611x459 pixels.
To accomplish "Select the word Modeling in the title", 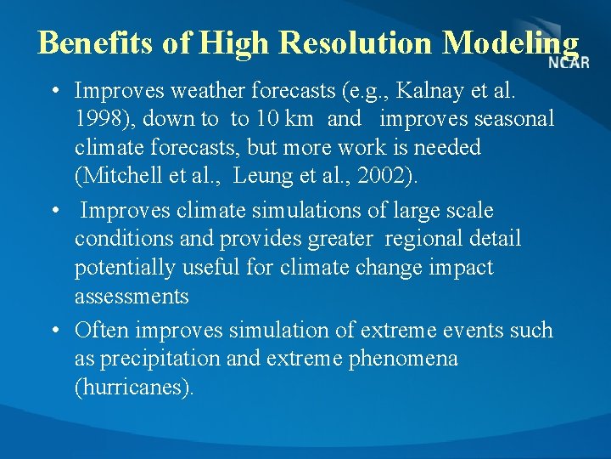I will (512, 42).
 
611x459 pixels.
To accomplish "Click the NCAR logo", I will (569, 63).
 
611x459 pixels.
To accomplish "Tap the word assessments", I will (132, 297).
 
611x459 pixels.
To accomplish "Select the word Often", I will (102, 330).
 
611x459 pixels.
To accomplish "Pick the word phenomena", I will (408, 359).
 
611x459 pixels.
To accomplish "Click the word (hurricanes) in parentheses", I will (134, 388).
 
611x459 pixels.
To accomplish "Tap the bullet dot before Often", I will (54, 330).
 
